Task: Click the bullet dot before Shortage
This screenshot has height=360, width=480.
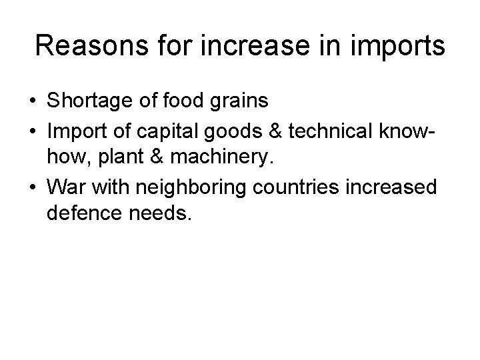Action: [32, 102]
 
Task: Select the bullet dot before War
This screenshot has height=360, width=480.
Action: [32, 187]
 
